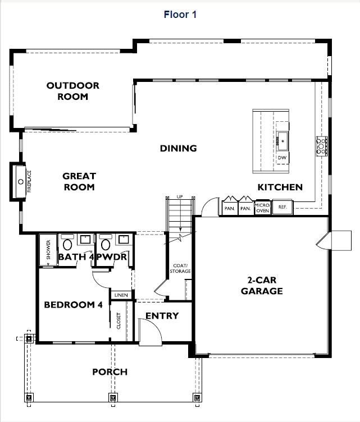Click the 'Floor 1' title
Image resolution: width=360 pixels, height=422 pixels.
(x=180, y=15)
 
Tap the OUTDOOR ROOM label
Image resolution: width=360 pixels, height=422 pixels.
(x=72, y=91)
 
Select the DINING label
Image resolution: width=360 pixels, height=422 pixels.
(x=178, y=149)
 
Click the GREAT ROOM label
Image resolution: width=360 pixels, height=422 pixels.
(x=79, y=182)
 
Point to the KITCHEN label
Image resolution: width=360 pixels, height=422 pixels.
(x=280, y=187)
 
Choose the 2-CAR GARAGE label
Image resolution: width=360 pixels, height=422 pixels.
(x=262, y=286)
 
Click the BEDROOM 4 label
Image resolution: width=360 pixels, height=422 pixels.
(x=73, y=305)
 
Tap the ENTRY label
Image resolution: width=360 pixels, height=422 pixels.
(x=162, y=316)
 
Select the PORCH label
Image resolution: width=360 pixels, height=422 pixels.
(x=110, y=372)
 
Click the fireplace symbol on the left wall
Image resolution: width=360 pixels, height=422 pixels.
(x=21, y=181)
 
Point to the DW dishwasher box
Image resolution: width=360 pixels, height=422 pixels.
(x=282, y=158)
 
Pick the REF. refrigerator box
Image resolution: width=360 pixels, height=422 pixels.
(x=282, y=208)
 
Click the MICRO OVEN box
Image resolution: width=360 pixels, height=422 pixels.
(x=262, y=208)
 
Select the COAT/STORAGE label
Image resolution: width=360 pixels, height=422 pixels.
(x=180, y=268)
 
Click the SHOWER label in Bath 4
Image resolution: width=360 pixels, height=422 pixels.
(x=48, y=250)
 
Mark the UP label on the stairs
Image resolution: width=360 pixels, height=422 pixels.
(x=180, y=197)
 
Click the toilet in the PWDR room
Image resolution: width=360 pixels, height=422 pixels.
(x=105, y=245)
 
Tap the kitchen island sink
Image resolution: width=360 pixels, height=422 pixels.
(x=282, y=141)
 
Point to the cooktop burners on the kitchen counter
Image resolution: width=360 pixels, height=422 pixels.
(x=322, y=145)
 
